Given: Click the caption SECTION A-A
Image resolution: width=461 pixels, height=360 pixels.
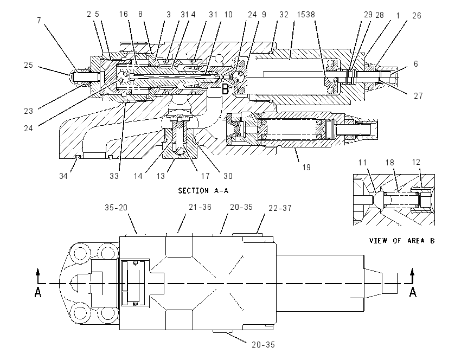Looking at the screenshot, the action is click(203, 191).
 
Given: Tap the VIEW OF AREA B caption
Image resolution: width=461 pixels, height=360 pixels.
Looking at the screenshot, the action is click(402, 241).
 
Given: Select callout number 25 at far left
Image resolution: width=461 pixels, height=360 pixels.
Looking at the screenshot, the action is click(29, 65).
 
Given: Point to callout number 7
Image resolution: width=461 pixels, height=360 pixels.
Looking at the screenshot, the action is click(39, 20).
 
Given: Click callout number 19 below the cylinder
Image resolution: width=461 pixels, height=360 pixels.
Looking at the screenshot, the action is click(306, 167).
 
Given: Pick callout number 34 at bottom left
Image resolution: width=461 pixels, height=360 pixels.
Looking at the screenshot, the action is click(63, 176).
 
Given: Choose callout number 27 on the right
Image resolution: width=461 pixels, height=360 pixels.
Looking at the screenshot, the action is click(418, 95).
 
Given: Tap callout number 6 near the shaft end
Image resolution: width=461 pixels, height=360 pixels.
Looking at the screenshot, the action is click(416, 64).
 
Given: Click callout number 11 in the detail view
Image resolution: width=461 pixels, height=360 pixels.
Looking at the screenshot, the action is click(362, 163).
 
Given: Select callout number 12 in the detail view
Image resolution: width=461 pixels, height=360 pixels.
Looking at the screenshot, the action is click(416, 162).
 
